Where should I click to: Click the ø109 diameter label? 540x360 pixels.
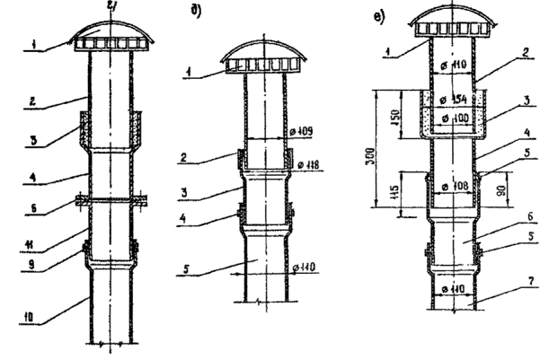coord(304,134)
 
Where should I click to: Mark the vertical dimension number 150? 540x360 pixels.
coord(396,117)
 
